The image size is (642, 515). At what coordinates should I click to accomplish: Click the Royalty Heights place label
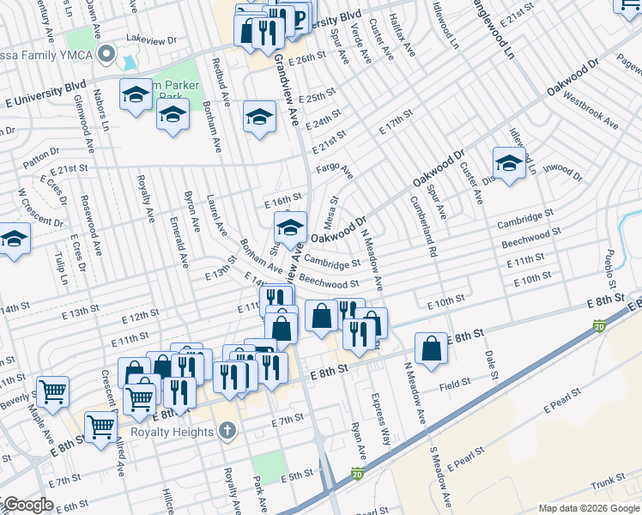(x=172, y=432)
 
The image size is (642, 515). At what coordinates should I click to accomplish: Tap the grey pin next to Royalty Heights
(x=227, y=430)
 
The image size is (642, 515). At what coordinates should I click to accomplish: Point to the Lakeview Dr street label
(x=150, y=39)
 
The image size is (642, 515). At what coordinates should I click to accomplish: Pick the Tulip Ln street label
(x=62, y=266)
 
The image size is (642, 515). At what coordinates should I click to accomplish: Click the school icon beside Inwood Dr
(x=509, y=165)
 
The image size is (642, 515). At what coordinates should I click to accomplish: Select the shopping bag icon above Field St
(x=432, y=348)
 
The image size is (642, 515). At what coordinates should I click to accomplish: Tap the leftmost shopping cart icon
(x=53, y=392)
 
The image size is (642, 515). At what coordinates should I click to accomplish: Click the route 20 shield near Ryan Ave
(x=357, y=473)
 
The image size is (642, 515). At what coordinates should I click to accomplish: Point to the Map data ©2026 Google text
(x=588, y=508)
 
